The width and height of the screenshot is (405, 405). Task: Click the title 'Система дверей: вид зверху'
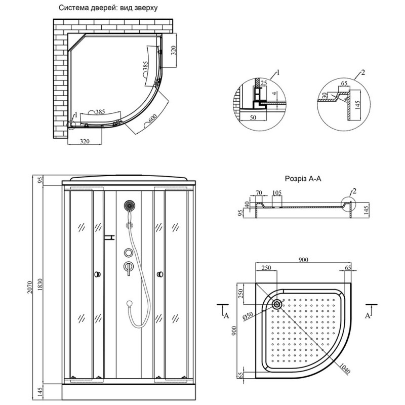click(108, 8)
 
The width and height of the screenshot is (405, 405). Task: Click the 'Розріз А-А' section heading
click(303, 179)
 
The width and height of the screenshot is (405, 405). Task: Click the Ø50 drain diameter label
click(248, 316)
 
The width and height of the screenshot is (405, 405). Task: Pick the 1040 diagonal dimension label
click(344, 369)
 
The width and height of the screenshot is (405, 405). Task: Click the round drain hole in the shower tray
click(277, 304)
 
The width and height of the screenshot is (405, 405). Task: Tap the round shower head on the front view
click(129, 206)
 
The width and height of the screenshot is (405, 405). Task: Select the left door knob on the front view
click(97, 274)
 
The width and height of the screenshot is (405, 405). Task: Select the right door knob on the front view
click(160, 274)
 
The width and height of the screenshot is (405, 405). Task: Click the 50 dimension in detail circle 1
click(253, 117)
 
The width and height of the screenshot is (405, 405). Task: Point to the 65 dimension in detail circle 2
click(344, 84)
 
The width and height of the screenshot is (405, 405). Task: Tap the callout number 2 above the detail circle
click(363, 72)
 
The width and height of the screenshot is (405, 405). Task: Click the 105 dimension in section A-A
click(277, 193)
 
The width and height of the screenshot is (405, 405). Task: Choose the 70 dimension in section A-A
click(259, 193)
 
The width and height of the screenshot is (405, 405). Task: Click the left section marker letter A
click(226, 315)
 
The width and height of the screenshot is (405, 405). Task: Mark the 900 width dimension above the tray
click(303, 260)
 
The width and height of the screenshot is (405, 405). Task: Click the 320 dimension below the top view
click(85, 141)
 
